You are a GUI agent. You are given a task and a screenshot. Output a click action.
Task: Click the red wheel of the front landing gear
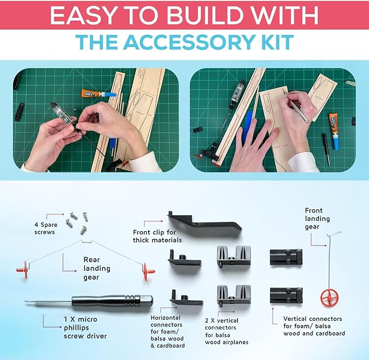click(329, 298)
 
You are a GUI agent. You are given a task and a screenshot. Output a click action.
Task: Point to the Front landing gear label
click(317, 219)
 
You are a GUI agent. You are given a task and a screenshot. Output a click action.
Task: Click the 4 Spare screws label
click(46, 228)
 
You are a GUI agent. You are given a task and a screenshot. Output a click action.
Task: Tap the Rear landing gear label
click(97, 269)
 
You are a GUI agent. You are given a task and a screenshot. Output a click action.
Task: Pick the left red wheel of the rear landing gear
click(23, 270)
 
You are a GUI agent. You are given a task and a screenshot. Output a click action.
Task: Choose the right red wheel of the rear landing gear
click(148, 272)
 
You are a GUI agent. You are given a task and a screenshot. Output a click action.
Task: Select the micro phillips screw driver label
click(85, 327)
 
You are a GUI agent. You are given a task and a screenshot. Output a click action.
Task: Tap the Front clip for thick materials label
click(157, 236)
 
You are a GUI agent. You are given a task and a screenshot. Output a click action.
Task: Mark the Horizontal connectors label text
click(167, 332)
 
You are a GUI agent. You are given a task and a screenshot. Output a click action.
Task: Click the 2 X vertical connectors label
click(227, 331)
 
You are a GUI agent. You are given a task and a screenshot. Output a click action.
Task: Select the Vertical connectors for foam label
click(314, 326)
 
